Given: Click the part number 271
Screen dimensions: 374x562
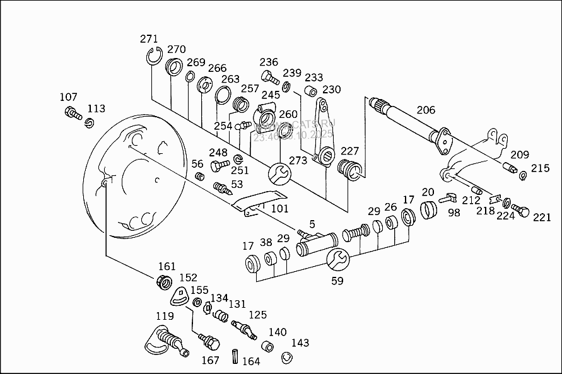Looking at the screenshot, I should click(149, 39).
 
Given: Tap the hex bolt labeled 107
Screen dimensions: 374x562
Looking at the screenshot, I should click(72, 114).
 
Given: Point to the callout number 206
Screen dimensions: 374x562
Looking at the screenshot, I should click(426, 110).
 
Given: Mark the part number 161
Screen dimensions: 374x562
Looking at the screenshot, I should click(167, 267).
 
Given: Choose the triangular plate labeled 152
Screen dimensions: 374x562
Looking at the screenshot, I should click(182, 295).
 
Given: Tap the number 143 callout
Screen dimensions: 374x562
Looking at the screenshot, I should click(300, 342).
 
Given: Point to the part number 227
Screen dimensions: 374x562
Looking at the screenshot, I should click(350, 151).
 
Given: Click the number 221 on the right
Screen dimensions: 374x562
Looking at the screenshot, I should click(541, 218).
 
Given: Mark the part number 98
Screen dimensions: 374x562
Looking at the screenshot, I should click(454, 213).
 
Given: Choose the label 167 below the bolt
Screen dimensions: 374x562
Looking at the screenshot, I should click(210, 360).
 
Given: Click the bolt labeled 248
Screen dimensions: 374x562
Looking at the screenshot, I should click(220, 165).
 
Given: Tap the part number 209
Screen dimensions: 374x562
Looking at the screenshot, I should click(520, 155).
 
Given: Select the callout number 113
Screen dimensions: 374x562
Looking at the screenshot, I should click(97, 108).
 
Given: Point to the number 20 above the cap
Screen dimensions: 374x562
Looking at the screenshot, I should click(428, 192).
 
